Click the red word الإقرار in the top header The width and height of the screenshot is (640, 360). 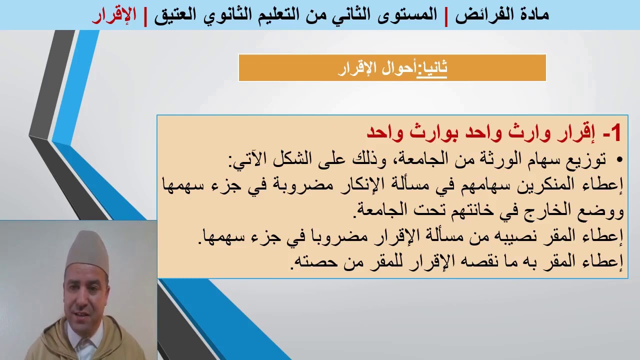tap(114, 14)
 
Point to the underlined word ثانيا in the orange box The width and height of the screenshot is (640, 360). tap(433, 68)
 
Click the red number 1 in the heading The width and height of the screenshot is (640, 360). tap(615, 133)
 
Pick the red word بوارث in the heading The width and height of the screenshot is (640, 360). tap(425, 133)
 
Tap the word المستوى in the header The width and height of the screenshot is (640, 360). tap(400, 14)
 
